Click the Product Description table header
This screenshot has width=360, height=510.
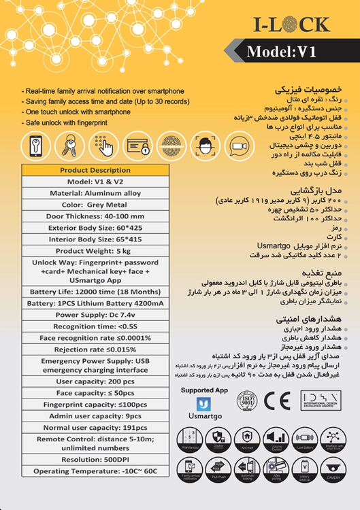[x=95, y=170]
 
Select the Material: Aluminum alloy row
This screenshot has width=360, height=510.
[x=95, y=193]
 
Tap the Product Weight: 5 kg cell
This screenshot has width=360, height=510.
[x=95, y=251]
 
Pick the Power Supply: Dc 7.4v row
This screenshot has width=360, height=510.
[x=95, y=315]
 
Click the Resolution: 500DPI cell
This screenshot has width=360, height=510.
[x=95, y=460]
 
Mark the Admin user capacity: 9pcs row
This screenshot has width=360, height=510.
[x=95, y=415]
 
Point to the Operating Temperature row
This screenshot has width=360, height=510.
[x=95, y=471]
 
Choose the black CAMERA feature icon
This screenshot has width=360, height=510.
[x=333, y=470]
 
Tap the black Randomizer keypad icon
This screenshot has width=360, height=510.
[x=190, y=439]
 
